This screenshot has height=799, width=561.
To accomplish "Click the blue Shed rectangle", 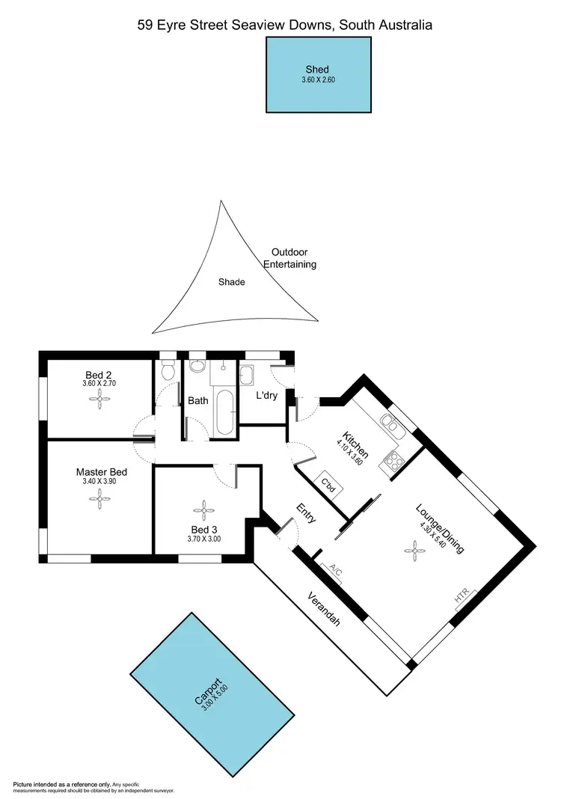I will pyautogui.click(x=319, y=75).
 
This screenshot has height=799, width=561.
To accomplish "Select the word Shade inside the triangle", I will pyautogui.click(x=231, y=282).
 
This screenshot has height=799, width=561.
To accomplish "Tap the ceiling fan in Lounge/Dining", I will pyautogui.click(x=414, y=553).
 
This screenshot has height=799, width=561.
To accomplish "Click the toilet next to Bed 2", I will pyautogui.click(x=168, y=371).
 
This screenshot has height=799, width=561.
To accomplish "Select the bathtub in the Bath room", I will pyautogui.click(x=223, y=411).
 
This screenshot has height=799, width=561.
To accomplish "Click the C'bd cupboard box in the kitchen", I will pyautogui.click(x=328, y=483).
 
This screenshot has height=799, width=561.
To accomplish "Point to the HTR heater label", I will pyautogui.click(x=462, y=597).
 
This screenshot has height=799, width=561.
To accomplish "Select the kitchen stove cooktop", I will pyautogui.click(x=390, y=462).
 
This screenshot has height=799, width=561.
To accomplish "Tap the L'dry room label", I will pyautogui.click(x=266, y=395).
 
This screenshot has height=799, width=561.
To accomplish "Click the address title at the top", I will pyautogui.click(x=285, y=25).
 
